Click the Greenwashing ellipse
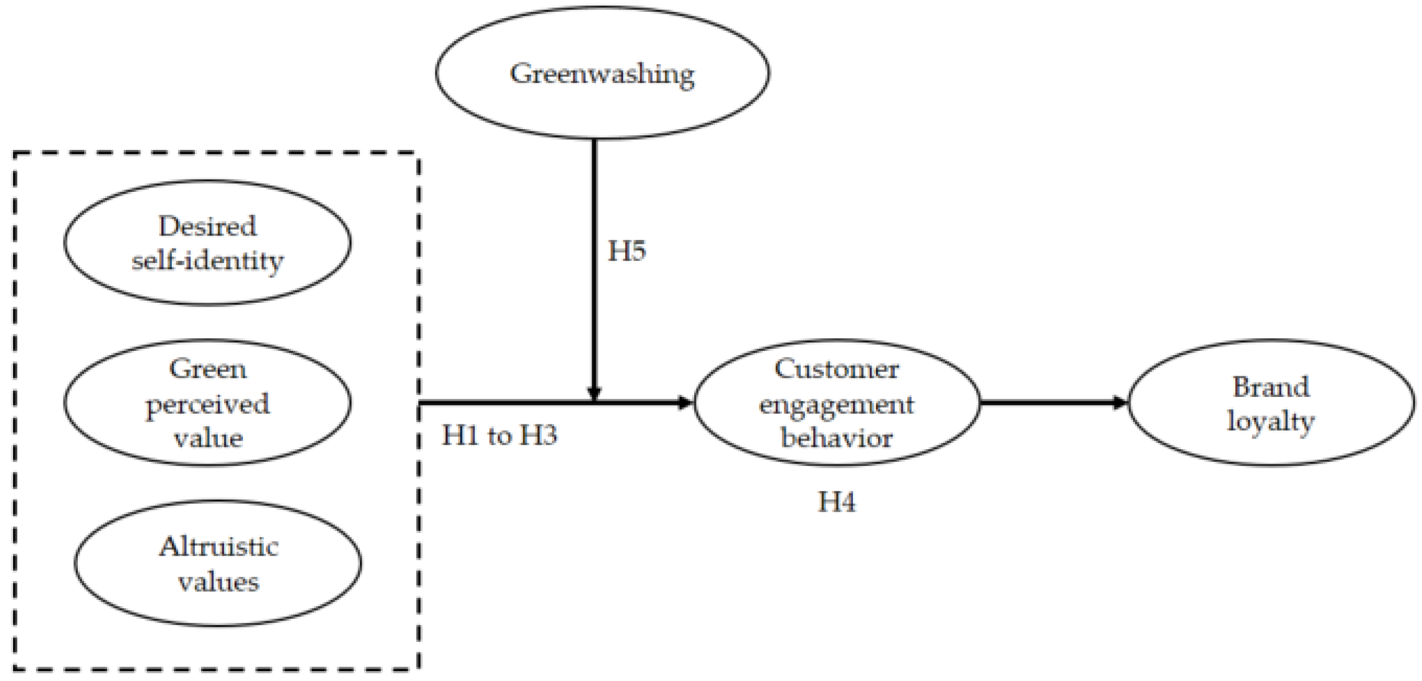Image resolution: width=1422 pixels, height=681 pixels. [602, 73]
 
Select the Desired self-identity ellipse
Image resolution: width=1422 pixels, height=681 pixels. [207, 243]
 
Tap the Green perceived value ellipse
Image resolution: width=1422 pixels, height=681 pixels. [207, 402]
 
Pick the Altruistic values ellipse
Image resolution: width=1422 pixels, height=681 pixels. [218, 563]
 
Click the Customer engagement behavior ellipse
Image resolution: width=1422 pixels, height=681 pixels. [836, 402]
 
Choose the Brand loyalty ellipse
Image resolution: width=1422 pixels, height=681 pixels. [1271, 402]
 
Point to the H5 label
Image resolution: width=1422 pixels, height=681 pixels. [627, 251]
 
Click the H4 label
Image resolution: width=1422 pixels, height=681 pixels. [836, 502]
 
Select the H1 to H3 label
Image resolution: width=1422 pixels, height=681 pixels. [499, 436]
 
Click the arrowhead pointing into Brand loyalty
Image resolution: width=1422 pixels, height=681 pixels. [1121, 402]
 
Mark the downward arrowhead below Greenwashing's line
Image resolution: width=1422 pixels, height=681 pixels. [594, 393]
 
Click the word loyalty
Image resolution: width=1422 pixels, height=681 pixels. [1271, 422]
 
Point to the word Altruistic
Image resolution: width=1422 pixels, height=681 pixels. [219, 546]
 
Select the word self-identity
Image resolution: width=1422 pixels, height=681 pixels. [207, 260]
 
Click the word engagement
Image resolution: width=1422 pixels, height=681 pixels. [836, 405]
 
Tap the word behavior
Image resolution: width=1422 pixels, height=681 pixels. [836, 438]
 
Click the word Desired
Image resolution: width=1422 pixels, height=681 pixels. [207, 226]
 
